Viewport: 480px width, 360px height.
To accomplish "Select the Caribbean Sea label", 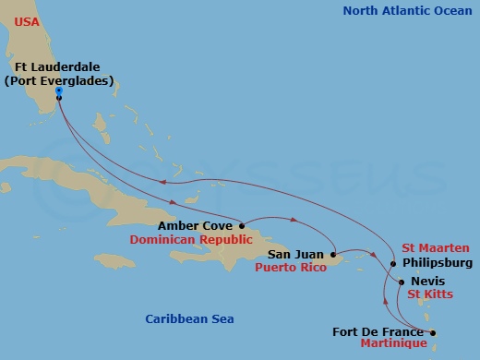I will pos(189,318).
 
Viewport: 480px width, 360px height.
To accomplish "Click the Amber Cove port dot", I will pos(242,224).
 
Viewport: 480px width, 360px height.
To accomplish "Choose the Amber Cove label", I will pos(196,224).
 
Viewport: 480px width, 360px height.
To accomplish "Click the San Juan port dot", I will pos(333,253).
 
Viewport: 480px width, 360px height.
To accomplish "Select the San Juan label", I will pos(296,253).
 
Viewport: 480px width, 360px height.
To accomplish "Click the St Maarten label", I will pos(436,247).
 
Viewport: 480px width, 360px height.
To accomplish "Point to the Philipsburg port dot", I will pos(393,264).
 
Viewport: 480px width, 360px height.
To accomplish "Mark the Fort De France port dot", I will pos(432,332).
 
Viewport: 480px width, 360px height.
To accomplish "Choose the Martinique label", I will pos(393,343).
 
